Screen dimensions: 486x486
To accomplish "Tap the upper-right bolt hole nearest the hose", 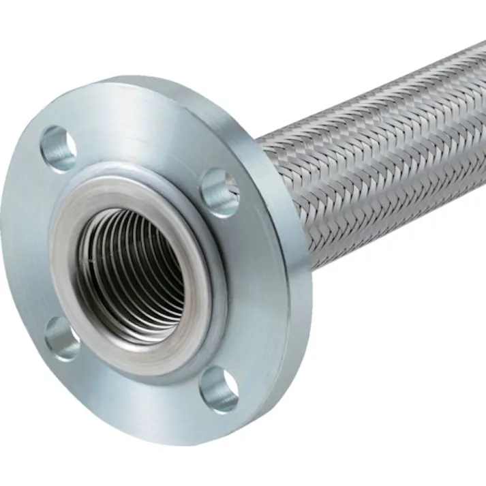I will (x=219, y=192).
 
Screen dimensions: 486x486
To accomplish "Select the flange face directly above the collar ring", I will (x=136, y=136).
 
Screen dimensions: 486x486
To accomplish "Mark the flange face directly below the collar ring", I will (x=136, y=402).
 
